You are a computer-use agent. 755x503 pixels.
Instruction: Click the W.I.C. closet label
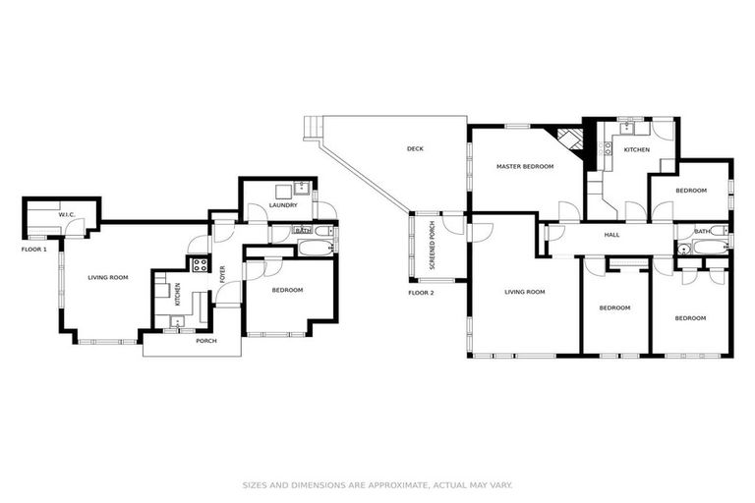click(x=67, y=214)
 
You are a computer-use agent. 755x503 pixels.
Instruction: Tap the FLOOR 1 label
click(x=34, y=250)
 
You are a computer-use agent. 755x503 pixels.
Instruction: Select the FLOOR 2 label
click(x=422, y=293)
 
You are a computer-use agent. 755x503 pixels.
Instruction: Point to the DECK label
click(x=415, y=149)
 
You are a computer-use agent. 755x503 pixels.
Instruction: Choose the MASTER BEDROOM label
click(x=524, y=166)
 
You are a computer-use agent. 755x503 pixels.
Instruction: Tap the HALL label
click(x=611, y=235)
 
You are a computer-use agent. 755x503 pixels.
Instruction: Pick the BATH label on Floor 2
click(x=702, y=232)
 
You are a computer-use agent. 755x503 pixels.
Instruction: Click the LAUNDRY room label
click(x=269, y=205)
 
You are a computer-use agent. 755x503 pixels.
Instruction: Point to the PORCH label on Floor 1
click(x=206, y=341)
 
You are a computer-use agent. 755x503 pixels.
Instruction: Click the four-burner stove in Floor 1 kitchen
click(x=200, y=263)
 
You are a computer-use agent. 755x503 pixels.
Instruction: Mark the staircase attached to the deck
click(x=313, y=129)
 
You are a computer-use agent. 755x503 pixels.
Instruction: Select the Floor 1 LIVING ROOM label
click(x=108, y=277)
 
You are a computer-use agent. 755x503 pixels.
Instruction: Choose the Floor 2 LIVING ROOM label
click(x=524, y=292)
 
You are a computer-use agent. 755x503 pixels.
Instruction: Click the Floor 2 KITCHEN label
click(x=637, y=149)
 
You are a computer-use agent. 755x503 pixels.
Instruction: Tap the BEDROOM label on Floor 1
click(x=287, y=290)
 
